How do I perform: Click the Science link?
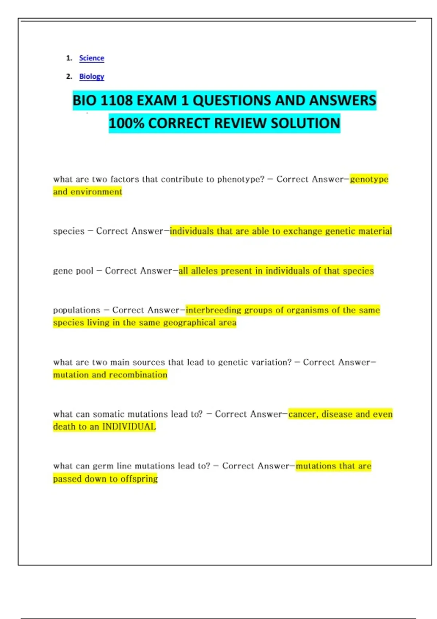(91, 58)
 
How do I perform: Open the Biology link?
(91, 76)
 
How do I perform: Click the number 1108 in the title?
(114, 100)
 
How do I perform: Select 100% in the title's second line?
(126, 123)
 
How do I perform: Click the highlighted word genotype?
(369, 179)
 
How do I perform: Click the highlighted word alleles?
(204, 271)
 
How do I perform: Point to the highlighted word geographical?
(189, 323)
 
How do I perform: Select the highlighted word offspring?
(139, 479)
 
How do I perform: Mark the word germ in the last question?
(103, 466)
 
